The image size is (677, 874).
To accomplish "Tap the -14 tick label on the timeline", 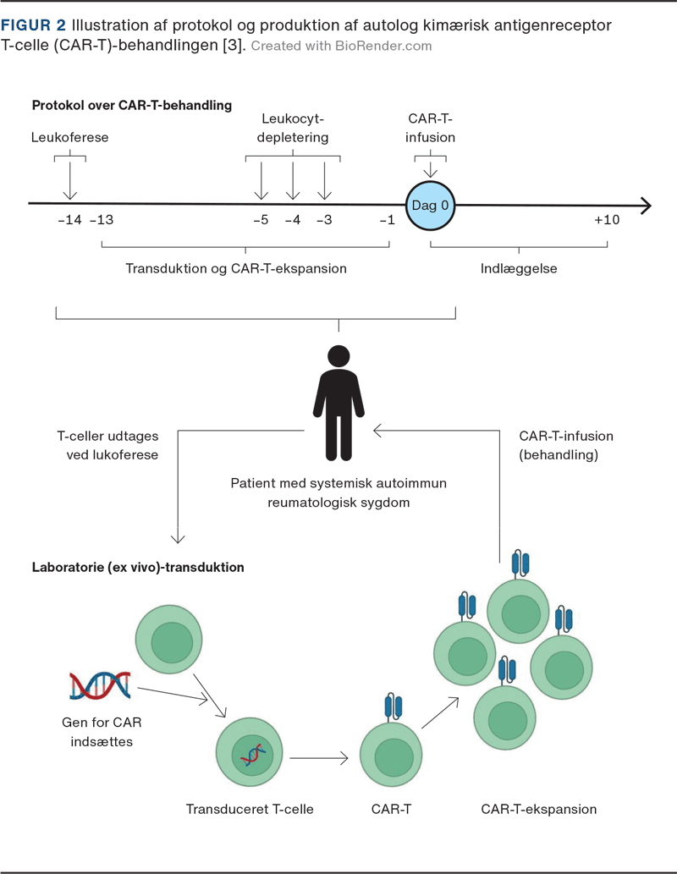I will click(69, 221).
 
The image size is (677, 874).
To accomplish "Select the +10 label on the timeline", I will click(607, 221).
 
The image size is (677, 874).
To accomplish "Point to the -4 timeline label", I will click(292, 221).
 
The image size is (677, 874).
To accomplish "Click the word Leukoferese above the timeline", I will click(69, 137).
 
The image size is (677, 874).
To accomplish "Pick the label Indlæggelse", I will click(519, 268).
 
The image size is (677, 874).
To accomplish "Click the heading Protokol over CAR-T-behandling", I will click(132, 106).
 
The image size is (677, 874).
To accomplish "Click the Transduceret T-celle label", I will click(250, 809).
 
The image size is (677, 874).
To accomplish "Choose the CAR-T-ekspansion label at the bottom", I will click(538, 809).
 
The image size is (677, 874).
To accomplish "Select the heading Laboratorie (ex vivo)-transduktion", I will click(138, 568).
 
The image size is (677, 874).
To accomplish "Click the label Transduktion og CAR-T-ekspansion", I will click(236, 268).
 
